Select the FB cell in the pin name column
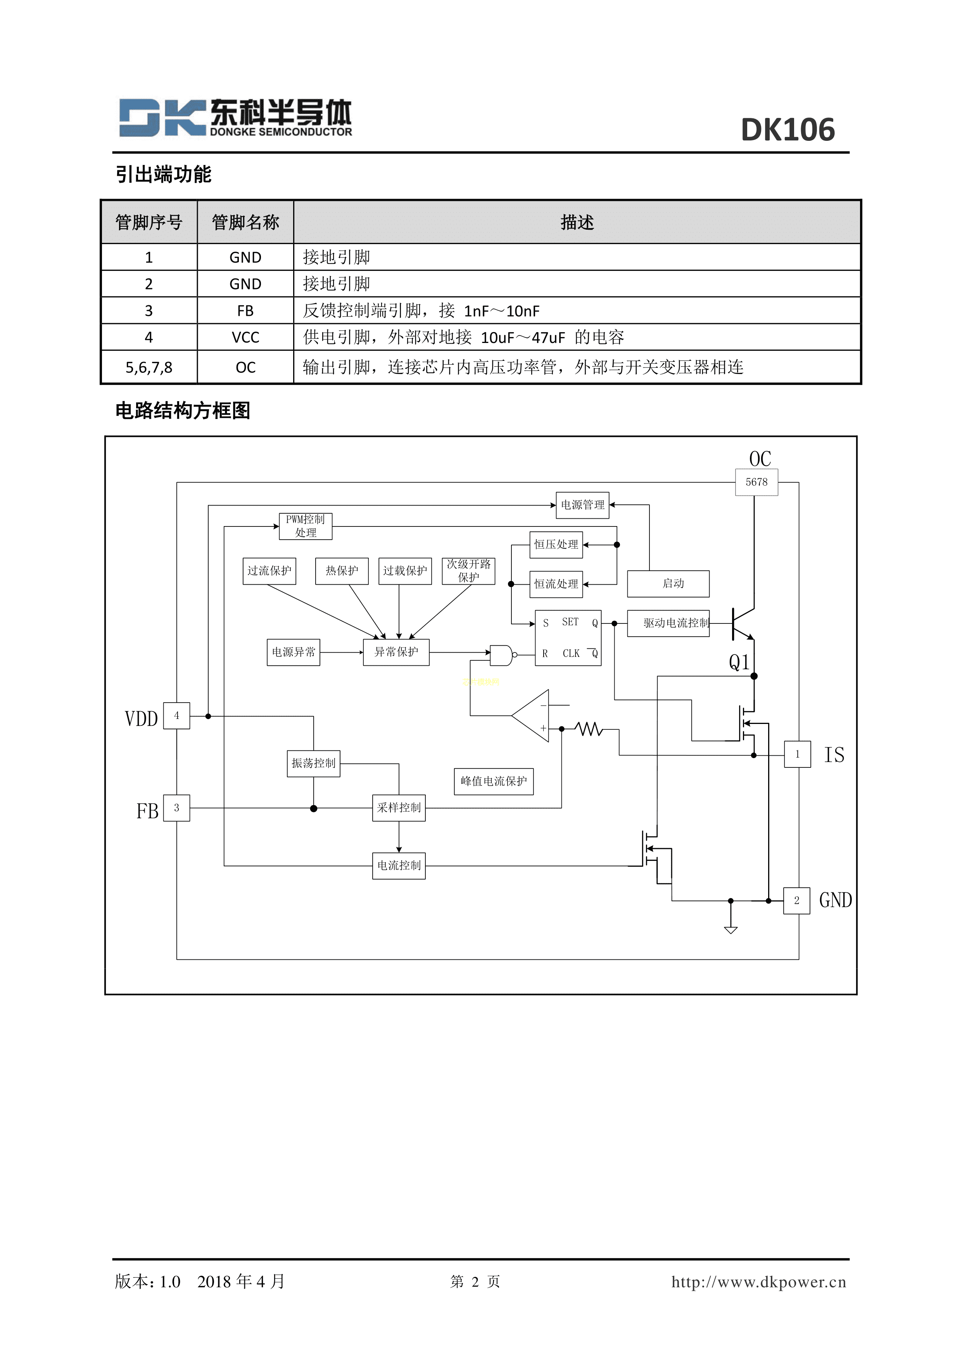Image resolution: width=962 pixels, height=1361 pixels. click(x=245, y=311)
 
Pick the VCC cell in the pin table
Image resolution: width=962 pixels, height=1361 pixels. click(x=245, y=337)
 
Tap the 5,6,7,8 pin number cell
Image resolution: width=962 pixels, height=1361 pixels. click(x=149, y=367)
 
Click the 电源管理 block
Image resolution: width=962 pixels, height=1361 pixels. click(x=582, y=505)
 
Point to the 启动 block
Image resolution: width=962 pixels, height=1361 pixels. click(x=668, y=584)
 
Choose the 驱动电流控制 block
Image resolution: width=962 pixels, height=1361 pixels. click(x=668, y=623)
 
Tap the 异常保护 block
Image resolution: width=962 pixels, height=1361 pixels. click(x=396, y=652)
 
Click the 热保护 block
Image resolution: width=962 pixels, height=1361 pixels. click(x=342, y=571)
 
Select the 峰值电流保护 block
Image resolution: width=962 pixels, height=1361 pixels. click(x=494, y=781)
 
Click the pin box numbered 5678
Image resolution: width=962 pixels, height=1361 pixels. click(x=756, y=482)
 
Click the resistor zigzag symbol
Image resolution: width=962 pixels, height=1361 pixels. click(x=589, y=729)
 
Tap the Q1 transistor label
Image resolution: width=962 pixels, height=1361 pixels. click(x=739, y=662)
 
